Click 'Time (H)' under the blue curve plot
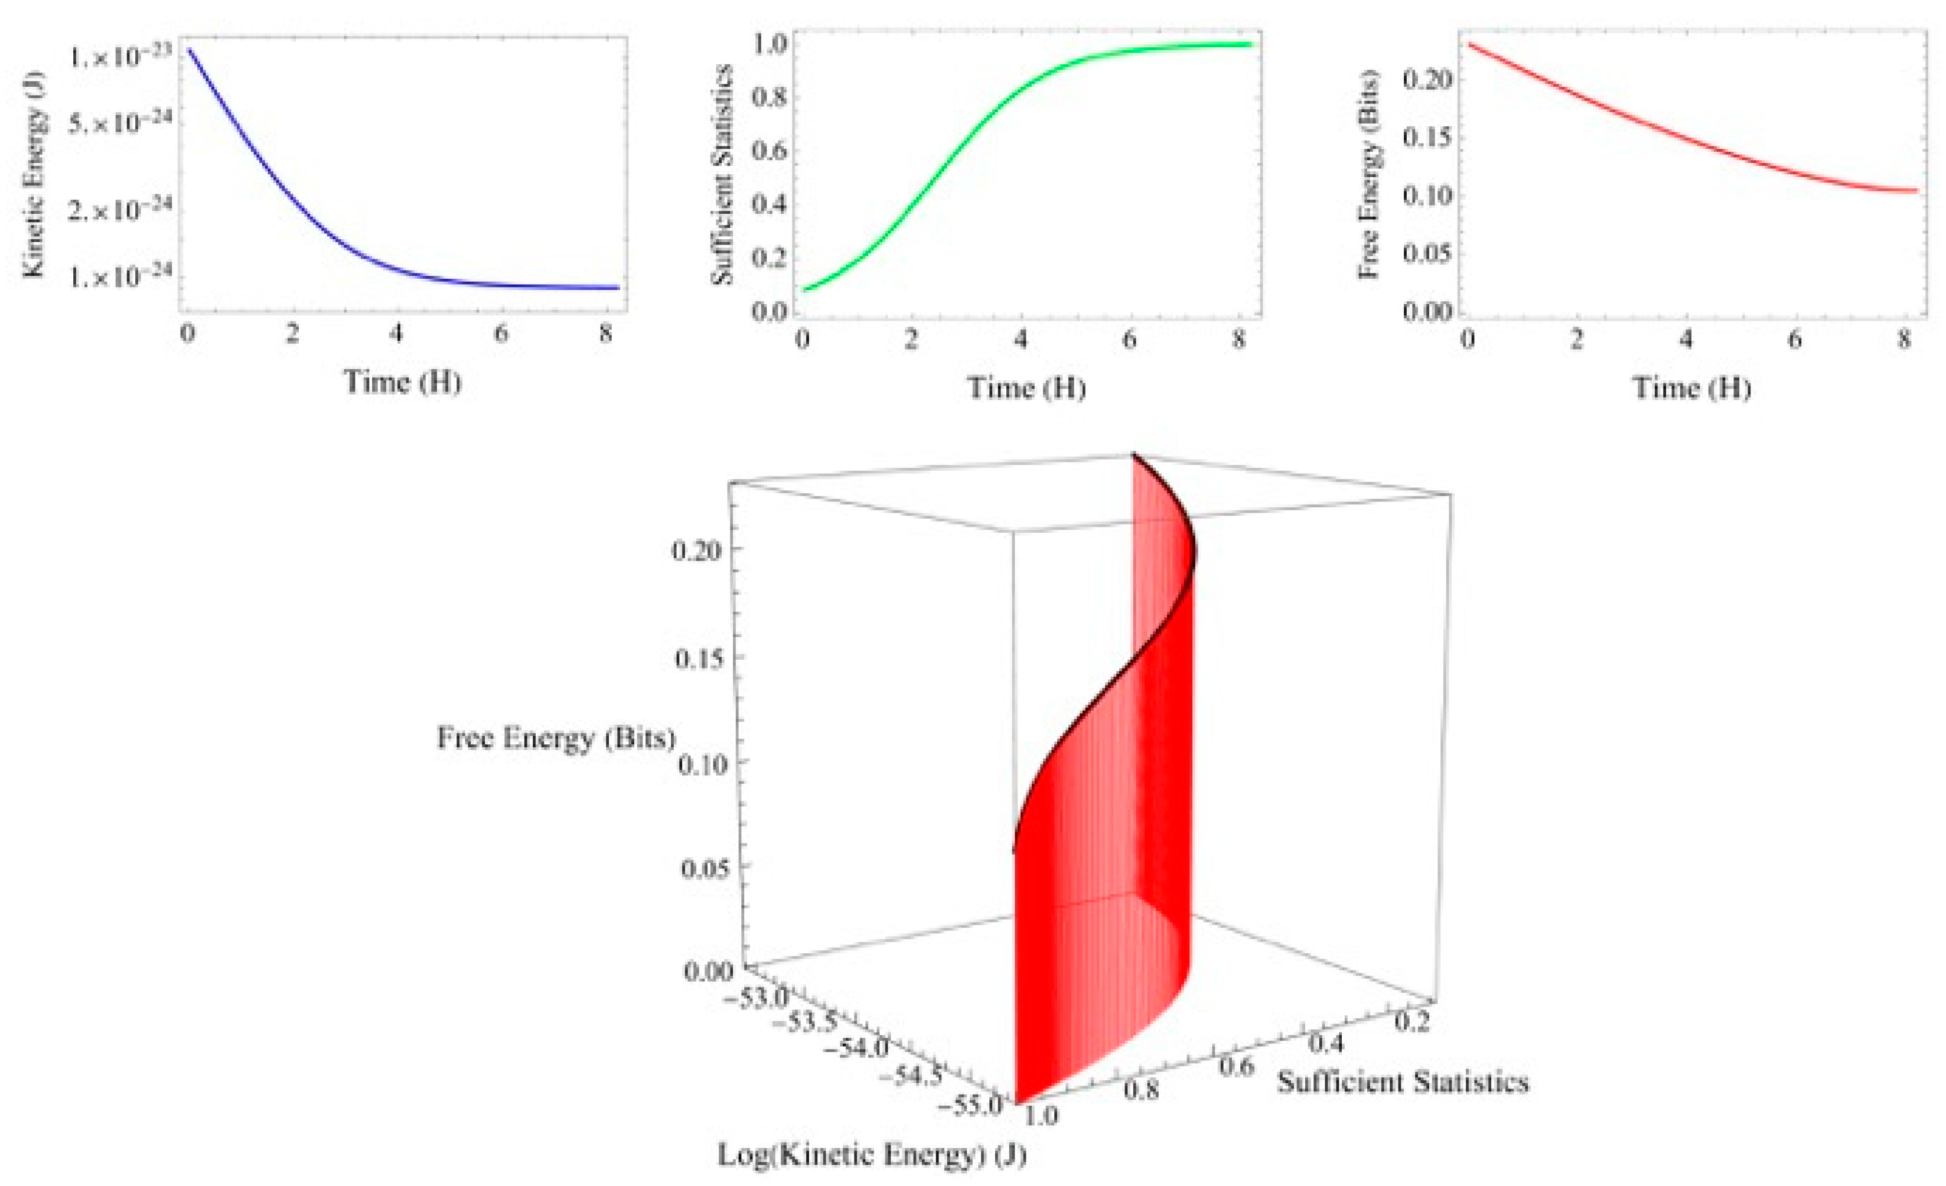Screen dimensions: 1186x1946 point(402,382)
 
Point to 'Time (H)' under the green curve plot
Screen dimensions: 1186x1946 point(1026,387)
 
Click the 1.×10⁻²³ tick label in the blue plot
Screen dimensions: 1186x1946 point(120,57)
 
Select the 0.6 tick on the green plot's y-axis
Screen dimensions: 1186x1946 point(769,150)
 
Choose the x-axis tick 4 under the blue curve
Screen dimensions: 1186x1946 point(396,334)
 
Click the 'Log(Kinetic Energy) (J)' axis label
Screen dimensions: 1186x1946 point(871,1155)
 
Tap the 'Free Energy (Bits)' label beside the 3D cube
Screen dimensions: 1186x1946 point(557,738)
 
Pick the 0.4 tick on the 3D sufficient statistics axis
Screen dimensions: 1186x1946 point(1326,1043)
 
